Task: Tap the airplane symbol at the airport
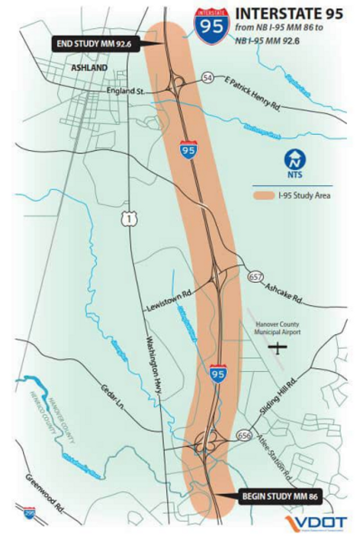281,348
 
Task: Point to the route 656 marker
244,435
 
